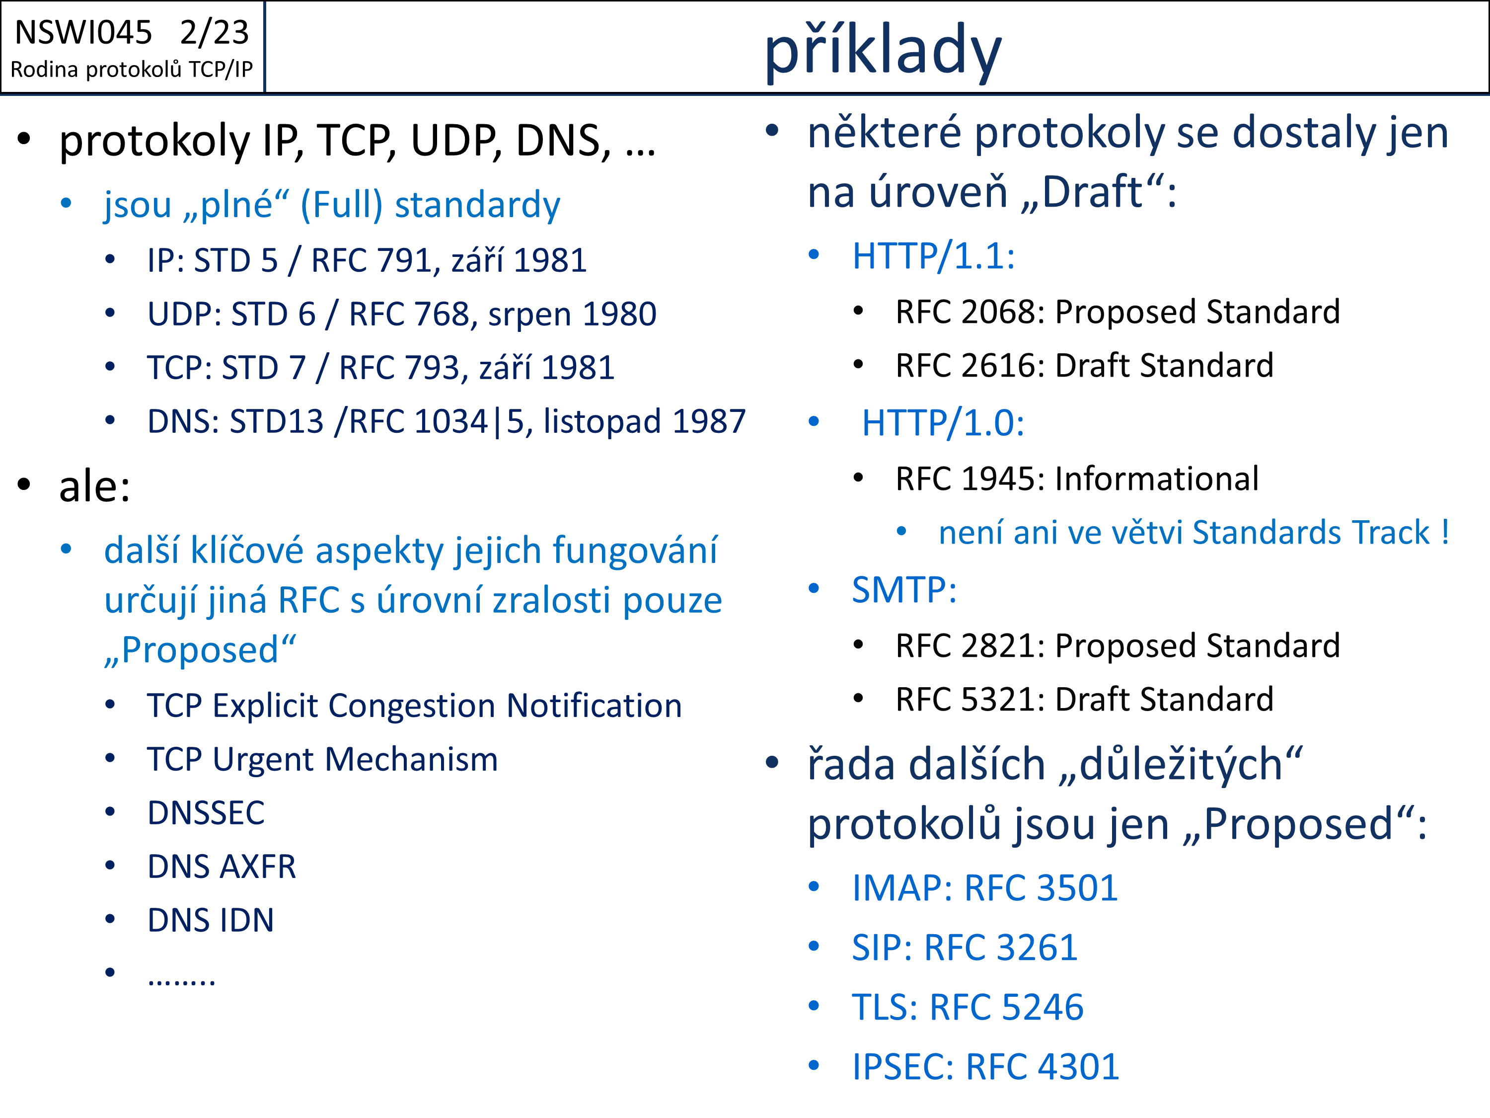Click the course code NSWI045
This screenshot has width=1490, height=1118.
point(83,32)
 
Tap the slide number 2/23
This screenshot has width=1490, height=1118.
point(214,32)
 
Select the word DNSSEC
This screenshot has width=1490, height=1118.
point(206,813)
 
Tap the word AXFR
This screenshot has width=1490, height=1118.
point(259,867)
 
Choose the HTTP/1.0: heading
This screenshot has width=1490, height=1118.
point(943,423)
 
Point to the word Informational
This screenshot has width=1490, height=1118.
point(1157,479)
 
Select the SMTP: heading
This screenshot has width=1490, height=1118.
point(904,590)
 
